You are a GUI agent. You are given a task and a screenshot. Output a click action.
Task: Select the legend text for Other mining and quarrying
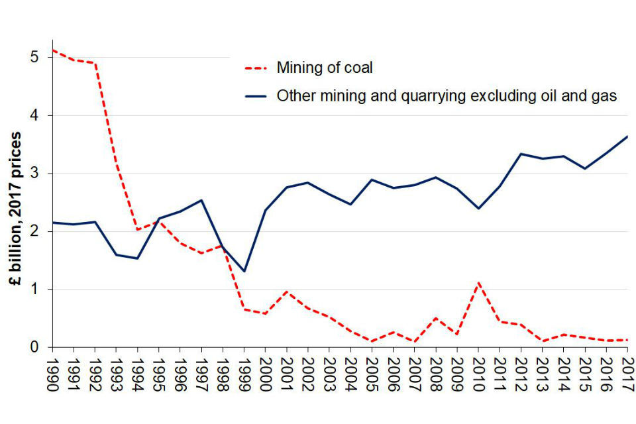[x=447, y=95]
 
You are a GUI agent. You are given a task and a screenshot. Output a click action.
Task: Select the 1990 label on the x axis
[x=52, y=376]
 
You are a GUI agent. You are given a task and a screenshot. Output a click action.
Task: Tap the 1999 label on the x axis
[x=244, y=376]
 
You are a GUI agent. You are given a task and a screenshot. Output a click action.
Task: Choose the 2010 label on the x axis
[x=478, y=376]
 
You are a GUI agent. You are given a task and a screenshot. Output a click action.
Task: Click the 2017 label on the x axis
[x=627, y=376]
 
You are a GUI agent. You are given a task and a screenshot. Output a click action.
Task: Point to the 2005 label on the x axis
[x=372, y=376]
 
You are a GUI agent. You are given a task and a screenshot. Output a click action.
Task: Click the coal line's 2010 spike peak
[x=478, y=283]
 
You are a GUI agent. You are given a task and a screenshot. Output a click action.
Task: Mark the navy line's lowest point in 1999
[x=244, y=272]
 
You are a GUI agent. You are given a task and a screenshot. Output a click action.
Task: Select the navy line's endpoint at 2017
[x=627, y=136]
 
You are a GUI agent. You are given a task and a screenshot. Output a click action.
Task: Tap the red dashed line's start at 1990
[x=53, y=50]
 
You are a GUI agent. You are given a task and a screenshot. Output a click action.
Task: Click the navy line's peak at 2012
[x=521, y=154]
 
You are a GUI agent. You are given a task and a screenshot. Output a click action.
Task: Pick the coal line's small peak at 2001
[x=286, y=291]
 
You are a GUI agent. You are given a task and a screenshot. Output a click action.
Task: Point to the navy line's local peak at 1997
[x=201, y=200]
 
